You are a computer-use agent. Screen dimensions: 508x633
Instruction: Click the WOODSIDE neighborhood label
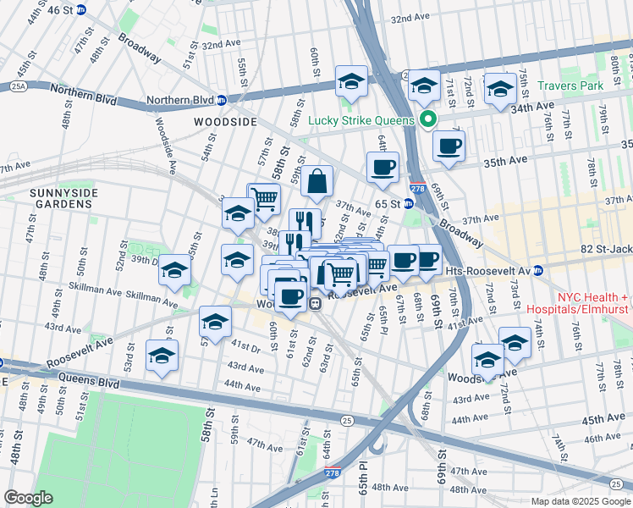(x=225, y=122)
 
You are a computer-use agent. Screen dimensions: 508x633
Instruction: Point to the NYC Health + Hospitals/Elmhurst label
(x=592, y=304)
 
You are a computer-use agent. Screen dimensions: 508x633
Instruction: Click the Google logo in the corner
(x=28, y=498)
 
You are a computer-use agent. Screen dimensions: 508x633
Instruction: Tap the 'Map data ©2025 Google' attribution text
(x=580, y=501)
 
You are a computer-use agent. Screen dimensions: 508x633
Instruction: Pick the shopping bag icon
(x=316, y=181)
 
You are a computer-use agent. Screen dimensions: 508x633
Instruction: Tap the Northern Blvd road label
(x=179, y=99)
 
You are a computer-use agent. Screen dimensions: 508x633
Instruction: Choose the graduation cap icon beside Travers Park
(x=500, y=89)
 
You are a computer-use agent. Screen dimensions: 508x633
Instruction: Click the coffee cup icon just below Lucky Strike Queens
(x=449, y=146)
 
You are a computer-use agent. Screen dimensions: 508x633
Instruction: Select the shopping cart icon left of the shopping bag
(x=264, y=199)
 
